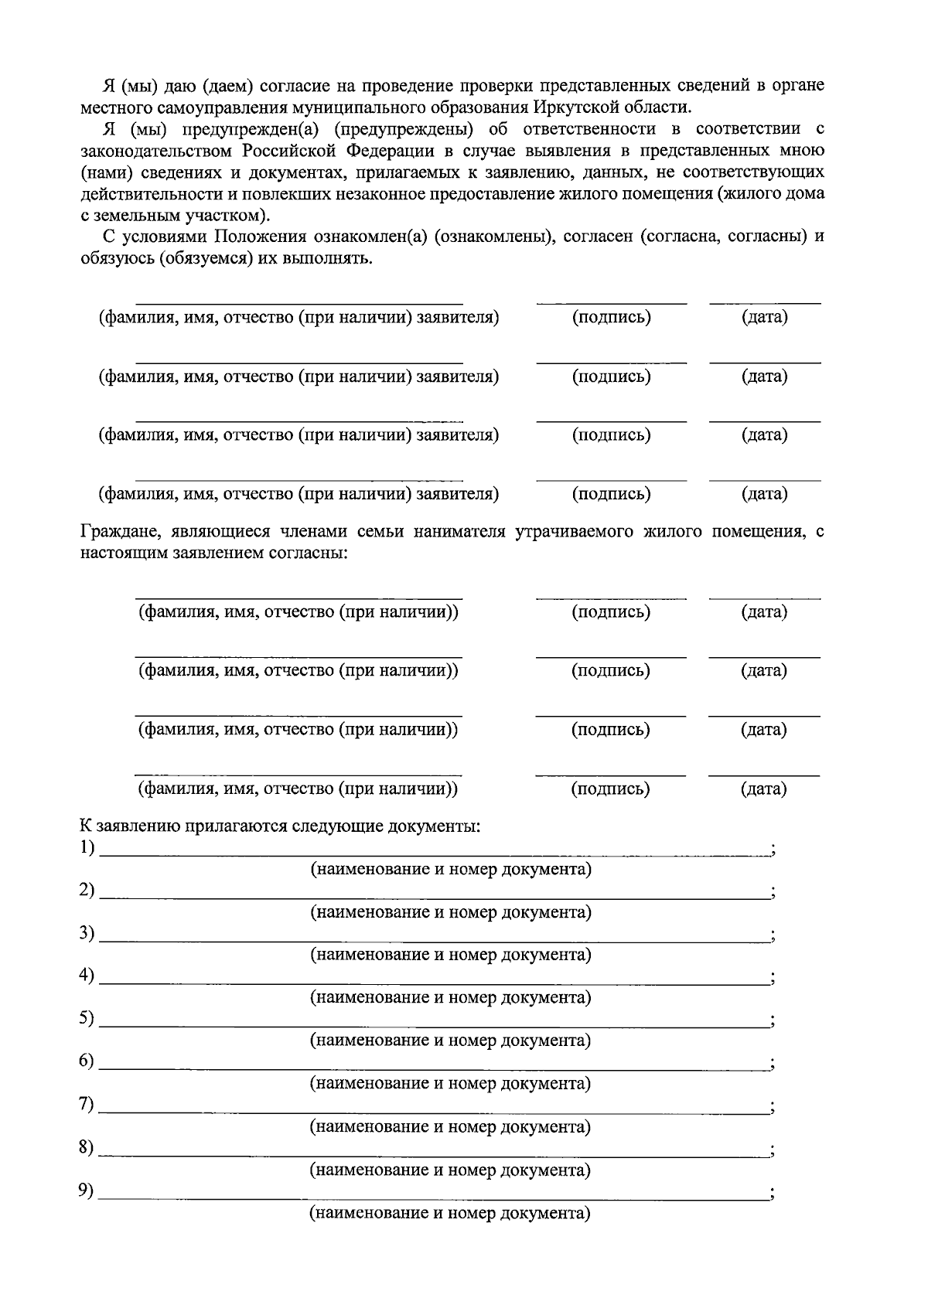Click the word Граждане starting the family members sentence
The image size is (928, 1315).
coord(115,532)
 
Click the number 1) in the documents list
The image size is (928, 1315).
coord(87,848)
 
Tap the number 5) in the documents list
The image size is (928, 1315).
coord(87,1019)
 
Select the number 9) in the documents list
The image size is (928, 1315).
coord(87,1191)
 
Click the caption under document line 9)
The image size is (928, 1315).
coord(450,1213)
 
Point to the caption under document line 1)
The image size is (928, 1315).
coord(451,870)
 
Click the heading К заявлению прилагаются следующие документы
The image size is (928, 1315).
coord(281,826)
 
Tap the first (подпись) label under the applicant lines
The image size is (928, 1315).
coord(611,318)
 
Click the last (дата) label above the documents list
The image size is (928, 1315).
coord(764,789)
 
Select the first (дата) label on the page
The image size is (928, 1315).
coord(764,318)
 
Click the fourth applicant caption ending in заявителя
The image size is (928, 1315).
coord(299,494)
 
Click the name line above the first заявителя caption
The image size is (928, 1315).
coord(299,304)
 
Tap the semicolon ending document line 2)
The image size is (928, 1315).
coord(773,894)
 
